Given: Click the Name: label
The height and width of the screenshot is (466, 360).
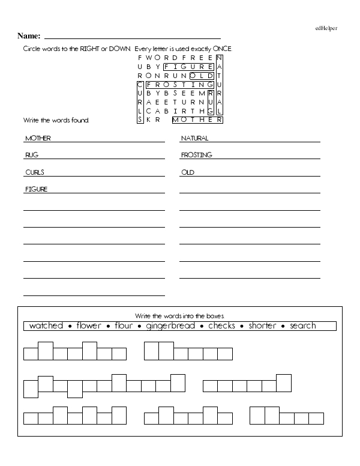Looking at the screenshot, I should (29, 36).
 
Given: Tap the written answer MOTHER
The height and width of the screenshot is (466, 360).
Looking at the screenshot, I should (38, 138).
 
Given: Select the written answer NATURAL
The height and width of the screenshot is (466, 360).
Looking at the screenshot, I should (194, 138).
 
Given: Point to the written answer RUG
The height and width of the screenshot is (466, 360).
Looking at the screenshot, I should (32, 155).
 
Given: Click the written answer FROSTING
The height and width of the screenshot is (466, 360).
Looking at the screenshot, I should (196, 155).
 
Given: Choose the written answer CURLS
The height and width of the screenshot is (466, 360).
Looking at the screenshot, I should (35, 172).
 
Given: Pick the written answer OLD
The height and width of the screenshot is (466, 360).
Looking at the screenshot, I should (188, 172).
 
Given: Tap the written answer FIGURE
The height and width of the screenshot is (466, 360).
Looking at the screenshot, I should (36, 189).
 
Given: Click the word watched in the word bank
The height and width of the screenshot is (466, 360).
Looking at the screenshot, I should (46, 326).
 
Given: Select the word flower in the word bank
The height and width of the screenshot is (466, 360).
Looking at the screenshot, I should (89, 326).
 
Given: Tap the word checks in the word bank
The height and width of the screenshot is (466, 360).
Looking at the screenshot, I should (221, 326).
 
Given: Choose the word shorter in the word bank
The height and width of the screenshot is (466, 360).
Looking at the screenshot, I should (263, 326).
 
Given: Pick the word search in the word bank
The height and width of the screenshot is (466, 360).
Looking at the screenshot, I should (302, 326).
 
